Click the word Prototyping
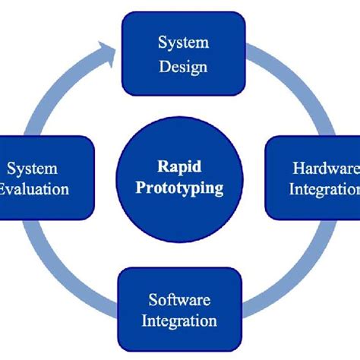(x=181, y=188)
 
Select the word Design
(x=184, y=66)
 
